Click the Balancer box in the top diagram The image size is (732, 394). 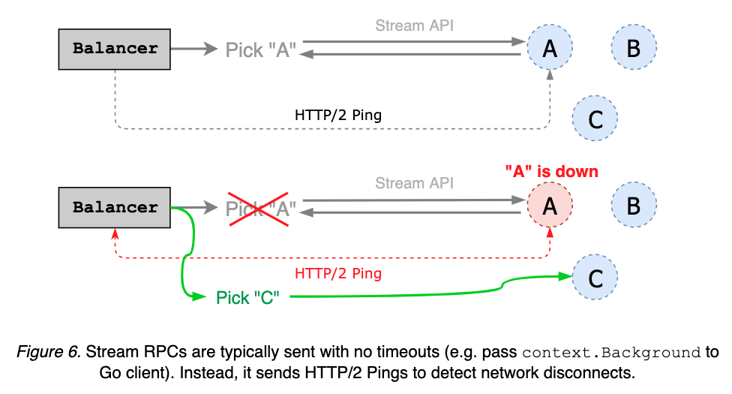pyautogui.click(x=115, y=49)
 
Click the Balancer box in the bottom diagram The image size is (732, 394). pyautogui.click(x=115, y=208)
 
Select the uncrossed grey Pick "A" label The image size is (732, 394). pyautogui.click(x=261, y=50)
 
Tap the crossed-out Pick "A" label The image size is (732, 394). pyautogui.click(x=261, y=208)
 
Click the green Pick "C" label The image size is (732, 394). pyautogui.click(x=247, y=297)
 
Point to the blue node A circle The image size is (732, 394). pyautogui.click(x=550, y=49)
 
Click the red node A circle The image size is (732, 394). pyautogui.click(x=550, y=205)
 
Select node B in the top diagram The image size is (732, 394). pyautogui.click(x=634, y=49)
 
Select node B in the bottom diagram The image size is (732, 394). pyautogui.click(x=634, y=205)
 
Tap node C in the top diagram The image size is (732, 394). pyautogui.click(x=595, y=119)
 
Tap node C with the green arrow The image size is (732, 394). pyautogui.click(x=595, y=278)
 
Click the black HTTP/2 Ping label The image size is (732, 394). pyautogui.click(x=338, y=116)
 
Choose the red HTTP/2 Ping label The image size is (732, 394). pyautogui.click(x=338, y=273)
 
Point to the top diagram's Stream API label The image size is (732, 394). pyautogui.click(x=414, y=26)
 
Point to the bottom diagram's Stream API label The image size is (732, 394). pyautogui.click(x=414, y=182)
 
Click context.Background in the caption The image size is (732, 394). pyautogui.click(x=610, y=353)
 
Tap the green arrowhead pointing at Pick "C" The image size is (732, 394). pyautogui.click(x=199, y=297)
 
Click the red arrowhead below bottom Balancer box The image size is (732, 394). pyautogui.click(x=115, y=233)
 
